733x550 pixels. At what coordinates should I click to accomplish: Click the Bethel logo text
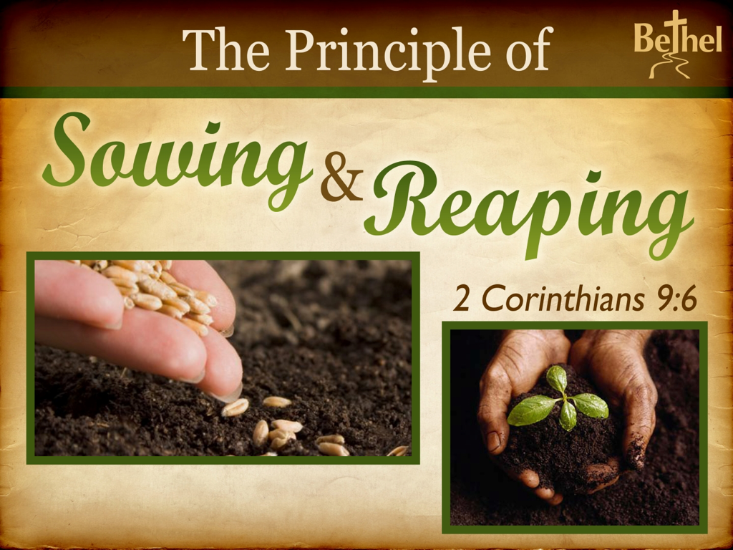pyautogui.click(x=678, y=37)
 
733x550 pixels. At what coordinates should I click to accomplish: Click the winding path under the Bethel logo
pyautogui.click(x=669, y=65)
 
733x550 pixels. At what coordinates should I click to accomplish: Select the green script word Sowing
pyautogui.click(x=178, y=159)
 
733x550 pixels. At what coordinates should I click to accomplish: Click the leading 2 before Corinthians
pyautogui.click(x=462, y=299)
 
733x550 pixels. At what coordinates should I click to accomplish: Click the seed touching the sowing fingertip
pyautogui.click(x=235, y=407)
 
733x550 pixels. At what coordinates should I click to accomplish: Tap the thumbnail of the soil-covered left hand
pyautogui.click(x=493, y=440)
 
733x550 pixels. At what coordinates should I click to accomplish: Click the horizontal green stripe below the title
pyautogui.click(x=366, y=92)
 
